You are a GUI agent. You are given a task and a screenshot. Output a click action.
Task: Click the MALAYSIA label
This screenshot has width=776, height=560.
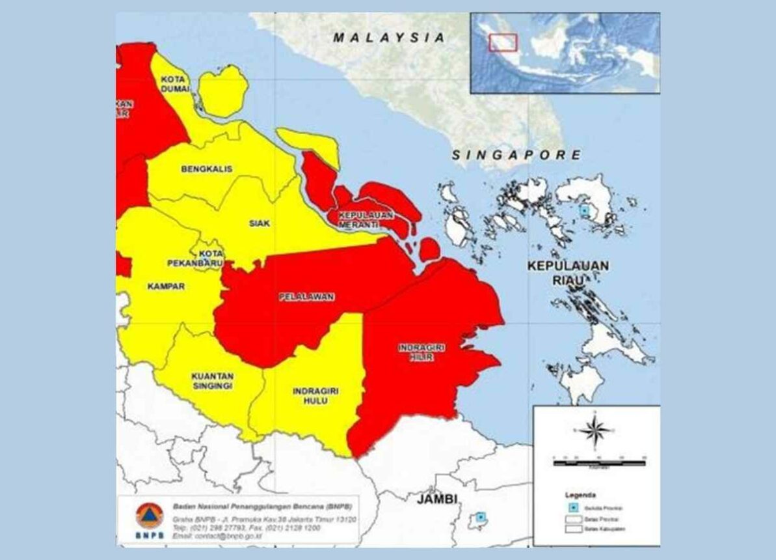tap(389, 38)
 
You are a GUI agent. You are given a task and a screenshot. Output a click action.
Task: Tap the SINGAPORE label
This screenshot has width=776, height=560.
tap(516, 155)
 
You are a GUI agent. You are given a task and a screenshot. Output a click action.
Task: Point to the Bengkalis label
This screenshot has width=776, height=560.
tap(206, 169)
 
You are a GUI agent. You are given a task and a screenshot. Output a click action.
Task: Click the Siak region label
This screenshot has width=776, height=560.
tap(260, 223)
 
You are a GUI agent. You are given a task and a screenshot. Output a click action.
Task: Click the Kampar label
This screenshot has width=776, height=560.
tap(166, 287)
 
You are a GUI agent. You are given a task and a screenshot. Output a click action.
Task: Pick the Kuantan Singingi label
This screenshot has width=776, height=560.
tap(212, 381)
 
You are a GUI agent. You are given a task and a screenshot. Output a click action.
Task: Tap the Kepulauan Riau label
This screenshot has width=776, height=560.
tap(568, 273)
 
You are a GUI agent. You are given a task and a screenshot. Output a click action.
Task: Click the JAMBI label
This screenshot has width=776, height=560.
tap(436, 499)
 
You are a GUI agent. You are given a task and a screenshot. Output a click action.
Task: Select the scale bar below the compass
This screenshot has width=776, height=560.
tap(599, 462)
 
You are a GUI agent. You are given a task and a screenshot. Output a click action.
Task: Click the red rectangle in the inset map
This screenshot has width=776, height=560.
tap(503, 42)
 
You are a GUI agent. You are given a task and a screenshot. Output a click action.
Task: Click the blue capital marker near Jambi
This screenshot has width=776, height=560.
tap(480, 517)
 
